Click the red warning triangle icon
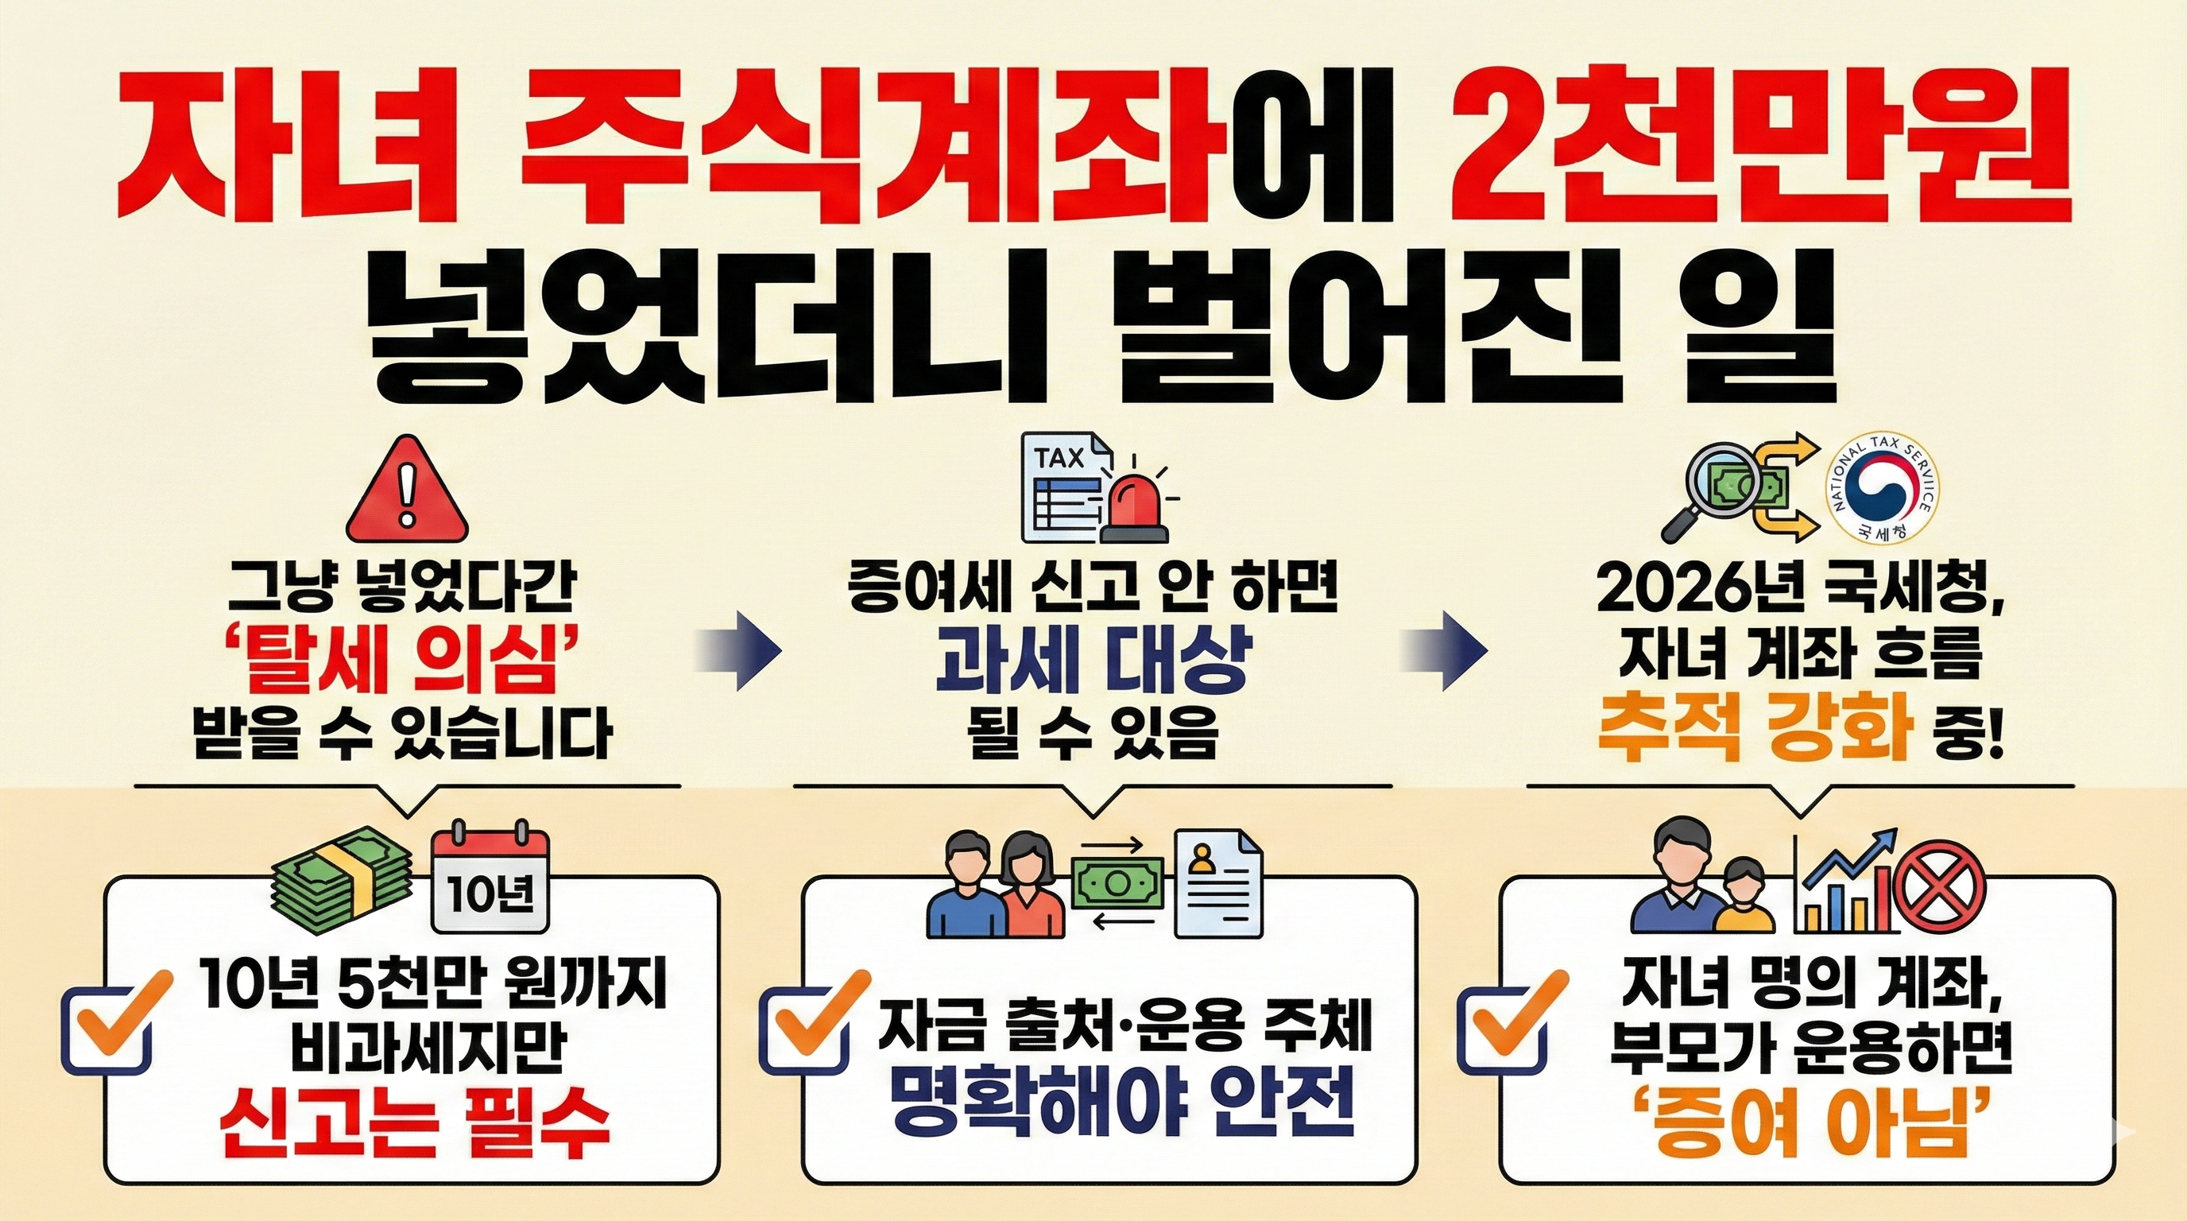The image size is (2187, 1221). (408, 490)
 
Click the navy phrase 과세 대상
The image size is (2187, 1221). (1093, 660)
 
